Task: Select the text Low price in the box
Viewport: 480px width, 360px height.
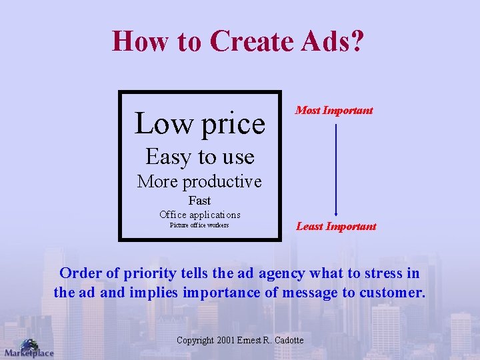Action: coord(199,123)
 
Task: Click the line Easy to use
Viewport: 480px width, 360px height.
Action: coord(199,157)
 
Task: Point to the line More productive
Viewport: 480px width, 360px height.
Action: coord(199,181)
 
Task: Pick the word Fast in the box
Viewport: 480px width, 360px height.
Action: coord(199,201)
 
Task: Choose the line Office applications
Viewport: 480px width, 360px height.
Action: coord(199,215)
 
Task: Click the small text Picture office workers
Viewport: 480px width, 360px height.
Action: coord(199,225)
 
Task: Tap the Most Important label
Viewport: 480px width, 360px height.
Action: coord(334,111)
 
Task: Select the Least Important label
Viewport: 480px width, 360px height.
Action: coord(336,227)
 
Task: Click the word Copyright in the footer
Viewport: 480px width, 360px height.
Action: coord(195,341)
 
